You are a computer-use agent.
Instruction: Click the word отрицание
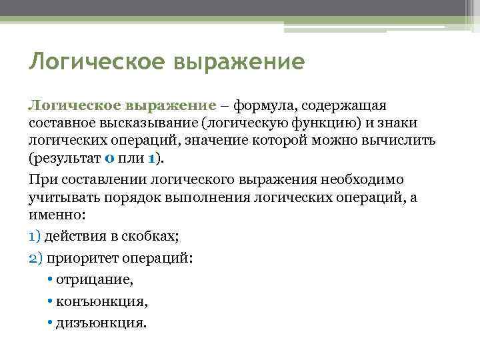point(104,280)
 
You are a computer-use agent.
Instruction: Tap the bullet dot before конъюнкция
point(51,301)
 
